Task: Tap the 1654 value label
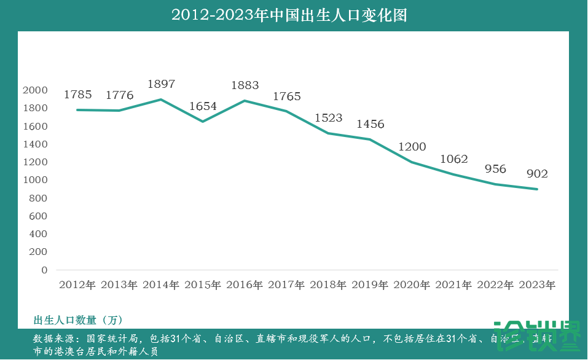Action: point(203,106)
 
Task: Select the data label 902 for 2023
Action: point(537,174)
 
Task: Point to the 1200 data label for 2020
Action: point(412,147)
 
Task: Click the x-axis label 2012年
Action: point(77,285)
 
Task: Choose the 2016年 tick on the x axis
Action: point(245,285)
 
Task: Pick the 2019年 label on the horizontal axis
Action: point(370,285)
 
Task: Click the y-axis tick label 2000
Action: point(34,90)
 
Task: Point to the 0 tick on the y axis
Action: point(44,270)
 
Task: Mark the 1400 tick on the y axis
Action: point(34,144)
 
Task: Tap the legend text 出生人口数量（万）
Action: point(78,320)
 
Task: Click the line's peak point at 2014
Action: point(161,100)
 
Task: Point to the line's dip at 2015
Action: point(203,121)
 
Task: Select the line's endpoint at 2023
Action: point(537,189)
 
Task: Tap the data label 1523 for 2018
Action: point(328,117)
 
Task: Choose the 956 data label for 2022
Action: point(495,169)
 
